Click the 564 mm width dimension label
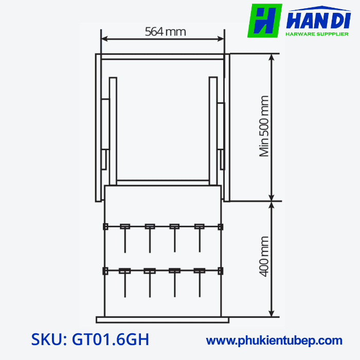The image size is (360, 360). (165, 32)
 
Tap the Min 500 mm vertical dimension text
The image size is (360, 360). (264, 126)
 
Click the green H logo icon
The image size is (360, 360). (265, 21)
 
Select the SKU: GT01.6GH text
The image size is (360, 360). (91, 340)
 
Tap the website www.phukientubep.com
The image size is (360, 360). (274, 340)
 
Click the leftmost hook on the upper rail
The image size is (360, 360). (124, 227)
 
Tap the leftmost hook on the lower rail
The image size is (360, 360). (124, 272)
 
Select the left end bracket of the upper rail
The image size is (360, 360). (105, 226)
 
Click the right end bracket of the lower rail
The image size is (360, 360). (221, 271)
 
